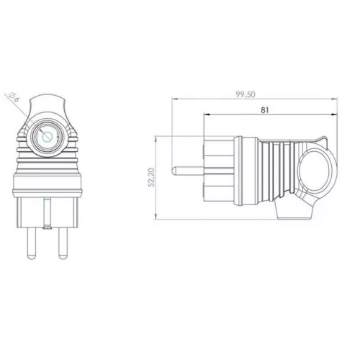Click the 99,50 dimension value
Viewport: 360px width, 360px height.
coord(245,94)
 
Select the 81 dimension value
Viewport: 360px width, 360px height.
coord(265,110)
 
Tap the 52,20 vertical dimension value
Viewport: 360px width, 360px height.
coord(152,178)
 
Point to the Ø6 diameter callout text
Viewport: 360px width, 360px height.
coord(14,98)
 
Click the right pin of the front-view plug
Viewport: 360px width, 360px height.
coord(63,243)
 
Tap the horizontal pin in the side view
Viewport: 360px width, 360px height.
coord(188,171)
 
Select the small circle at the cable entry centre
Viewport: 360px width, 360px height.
coord(46,137)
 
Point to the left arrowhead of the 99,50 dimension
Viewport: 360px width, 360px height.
coord(174,99)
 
